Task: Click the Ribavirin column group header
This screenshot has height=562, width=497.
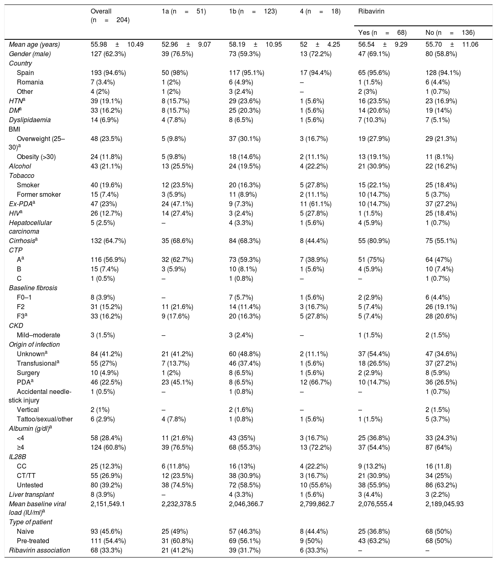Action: pyautogui.click(x=371, y=11)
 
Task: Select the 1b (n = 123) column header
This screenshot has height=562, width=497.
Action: pyautogui.click(x=253, y=11)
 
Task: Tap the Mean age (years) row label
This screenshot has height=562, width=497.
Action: pyautogui.click(x=34, y=44)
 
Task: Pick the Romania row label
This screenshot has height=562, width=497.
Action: pyautogui.click(x=30, y=82)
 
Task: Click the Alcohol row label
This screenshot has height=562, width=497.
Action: pyautogui.click(x=20, y=166)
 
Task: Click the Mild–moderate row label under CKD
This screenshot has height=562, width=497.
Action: pyautogui.click(x=39, y=335)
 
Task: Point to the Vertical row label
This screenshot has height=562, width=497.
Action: pyautogui.click(x=28, y=410)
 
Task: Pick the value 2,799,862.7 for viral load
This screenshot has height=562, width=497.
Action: pyautogui.click(x=317, y=504)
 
